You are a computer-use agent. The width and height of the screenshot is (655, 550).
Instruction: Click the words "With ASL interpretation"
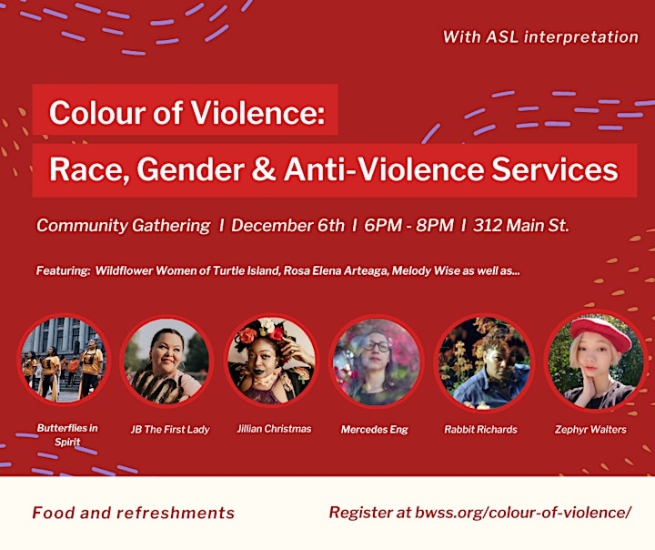point(540,36)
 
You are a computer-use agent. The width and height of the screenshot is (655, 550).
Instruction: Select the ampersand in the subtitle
point(264,169)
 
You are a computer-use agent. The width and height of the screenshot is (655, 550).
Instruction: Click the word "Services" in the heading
point(554,169)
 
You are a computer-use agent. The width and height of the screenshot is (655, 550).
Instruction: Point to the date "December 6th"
point(287,226)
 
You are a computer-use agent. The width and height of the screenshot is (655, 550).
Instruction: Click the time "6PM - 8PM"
point(408,226)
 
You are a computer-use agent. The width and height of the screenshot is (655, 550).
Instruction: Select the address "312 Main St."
point(521,226)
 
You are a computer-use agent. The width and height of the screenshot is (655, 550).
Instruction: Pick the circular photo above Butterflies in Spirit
point(65,360)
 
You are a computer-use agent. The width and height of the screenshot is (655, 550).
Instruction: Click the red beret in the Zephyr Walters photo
point(600,332)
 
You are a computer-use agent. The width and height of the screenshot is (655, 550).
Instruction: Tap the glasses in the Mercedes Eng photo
point(377,346)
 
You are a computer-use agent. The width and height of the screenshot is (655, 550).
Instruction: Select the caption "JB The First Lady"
point(170,430)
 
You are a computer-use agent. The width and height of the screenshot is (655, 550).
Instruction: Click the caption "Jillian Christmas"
point(274,429)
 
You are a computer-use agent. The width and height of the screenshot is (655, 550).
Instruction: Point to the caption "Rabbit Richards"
point(481,430)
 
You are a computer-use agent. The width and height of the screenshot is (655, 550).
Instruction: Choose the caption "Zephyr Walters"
point(590,430)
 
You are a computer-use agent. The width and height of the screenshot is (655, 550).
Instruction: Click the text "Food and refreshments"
point(133,513)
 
